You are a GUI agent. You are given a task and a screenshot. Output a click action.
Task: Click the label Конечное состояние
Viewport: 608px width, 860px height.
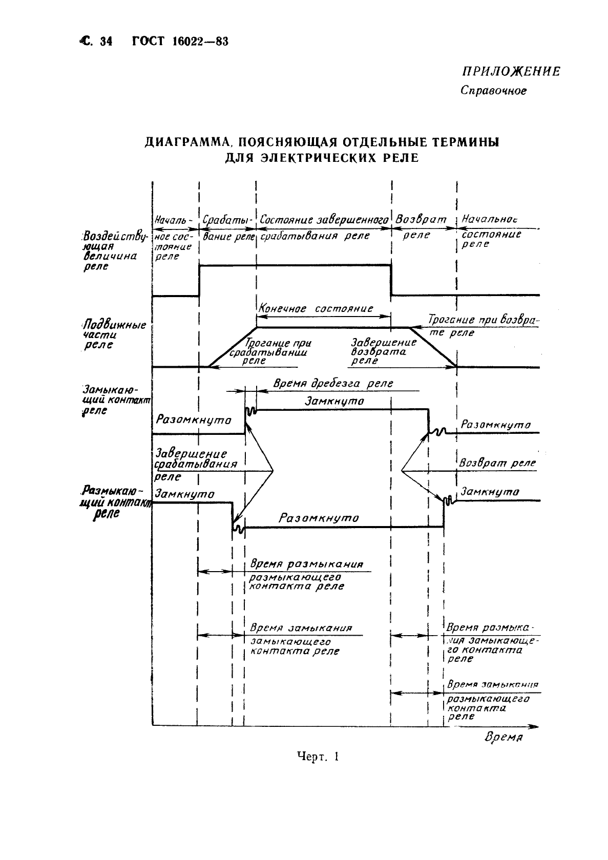[x=316, y=309]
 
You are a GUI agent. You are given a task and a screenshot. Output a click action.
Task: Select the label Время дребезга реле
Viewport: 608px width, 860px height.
[x=333, y=383]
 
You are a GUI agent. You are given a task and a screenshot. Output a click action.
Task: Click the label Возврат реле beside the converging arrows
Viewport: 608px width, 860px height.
[x=497, y=463]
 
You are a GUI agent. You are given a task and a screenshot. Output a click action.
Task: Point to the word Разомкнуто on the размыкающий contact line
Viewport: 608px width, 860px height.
[x=319, y=518]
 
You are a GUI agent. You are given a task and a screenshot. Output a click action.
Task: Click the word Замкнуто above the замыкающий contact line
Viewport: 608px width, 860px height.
[x=334, y=402]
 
